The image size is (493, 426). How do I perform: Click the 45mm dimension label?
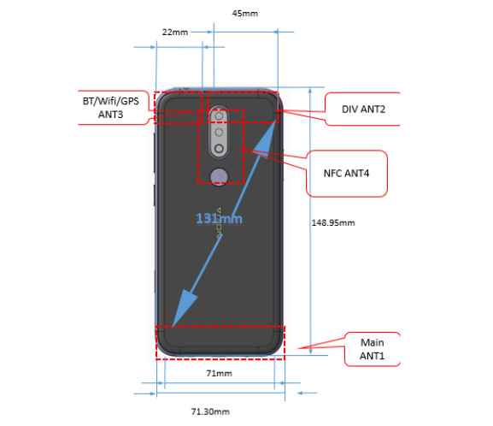pyautogui.click(x=245, y=14)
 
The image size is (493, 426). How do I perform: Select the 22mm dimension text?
pyautogui.click(x=175, y=33)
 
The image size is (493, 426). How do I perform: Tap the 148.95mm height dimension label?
pyautogui.click(x=333, y=223)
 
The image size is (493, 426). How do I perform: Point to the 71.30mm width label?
pyautogui.click(x=210, y=411)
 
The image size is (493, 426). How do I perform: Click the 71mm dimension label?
pyautogui.click(x=219, y=374)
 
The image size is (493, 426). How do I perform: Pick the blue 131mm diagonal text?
pyautogui.click(x=219, y=218)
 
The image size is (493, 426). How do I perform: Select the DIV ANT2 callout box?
pyautogui.click(x=362, y=109)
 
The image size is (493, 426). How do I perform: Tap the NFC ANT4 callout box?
pyautogui.click(x=347, y=174)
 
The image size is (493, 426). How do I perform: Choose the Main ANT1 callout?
pyautogui.click(x=373, y=349)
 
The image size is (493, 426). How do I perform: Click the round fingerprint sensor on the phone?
pyautogui.click(x=219, y=176)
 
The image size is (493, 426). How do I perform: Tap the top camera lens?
pyautogui.click(x=219, y=116)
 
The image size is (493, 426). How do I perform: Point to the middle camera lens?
pyautogui.click(x=219, y=133)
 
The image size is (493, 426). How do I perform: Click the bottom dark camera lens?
pyautogui.click(x=219, y=148)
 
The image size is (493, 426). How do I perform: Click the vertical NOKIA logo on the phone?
pyautogui.click(x=219, y=222)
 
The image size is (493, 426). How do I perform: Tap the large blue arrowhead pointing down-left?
pyautogui.click(x=184, y=309)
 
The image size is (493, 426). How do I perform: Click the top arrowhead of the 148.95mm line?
pyautogui.click(x=310, y=91)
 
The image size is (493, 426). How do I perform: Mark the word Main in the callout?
pyautogui.click(x=373, y=342)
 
